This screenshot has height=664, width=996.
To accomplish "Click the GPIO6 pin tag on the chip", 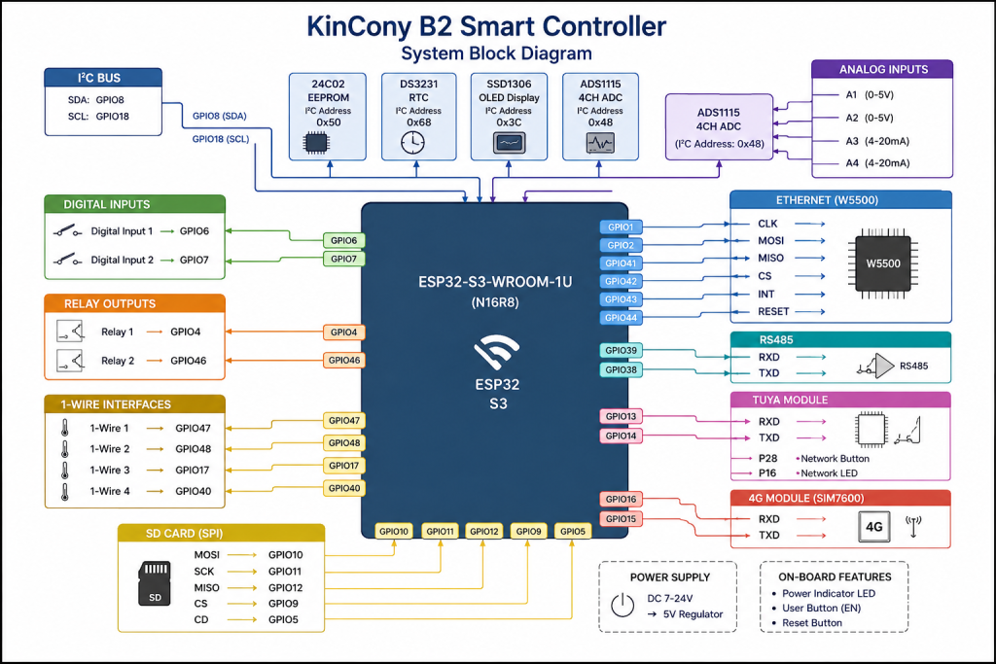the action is click(343, 240).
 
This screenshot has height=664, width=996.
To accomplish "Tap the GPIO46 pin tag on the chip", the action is click(343, 360).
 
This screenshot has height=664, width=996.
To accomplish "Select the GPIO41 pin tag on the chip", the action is click(621, 262).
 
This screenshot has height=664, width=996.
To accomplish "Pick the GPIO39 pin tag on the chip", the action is click(621, 350).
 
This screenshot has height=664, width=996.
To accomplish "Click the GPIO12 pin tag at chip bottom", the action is click(484, 532).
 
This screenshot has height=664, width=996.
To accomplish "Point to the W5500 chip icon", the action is click(883, 263).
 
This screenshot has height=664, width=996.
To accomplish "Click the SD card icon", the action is click(155, 582).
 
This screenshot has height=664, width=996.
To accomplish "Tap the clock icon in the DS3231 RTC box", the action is click(412, 143).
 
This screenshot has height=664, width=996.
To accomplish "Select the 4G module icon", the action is click(874, 526).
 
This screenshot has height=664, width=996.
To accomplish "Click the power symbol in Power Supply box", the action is click(622, 605).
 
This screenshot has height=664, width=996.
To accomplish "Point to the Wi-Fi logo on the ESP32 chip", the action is click(496, 351).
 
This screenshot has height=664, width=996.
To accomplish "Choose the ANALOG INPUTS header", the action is click(882, 69).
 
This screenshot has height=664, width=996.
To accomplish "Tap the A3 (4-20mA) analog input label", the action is click(877, 141).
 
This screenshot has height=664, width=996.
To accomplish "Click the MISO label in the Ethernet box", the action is click(770, 258).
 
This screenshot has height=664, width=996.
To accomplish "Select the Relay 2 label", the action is click(118, 361).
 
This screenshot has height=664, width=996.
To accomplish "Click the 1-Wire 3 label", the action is click(109, 470).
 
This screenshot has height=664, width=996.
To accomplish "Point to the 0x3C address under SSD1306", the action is click(509, 122).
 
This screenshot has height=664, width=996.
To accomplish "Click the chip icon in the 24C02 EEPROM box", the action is click(316, 143).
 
